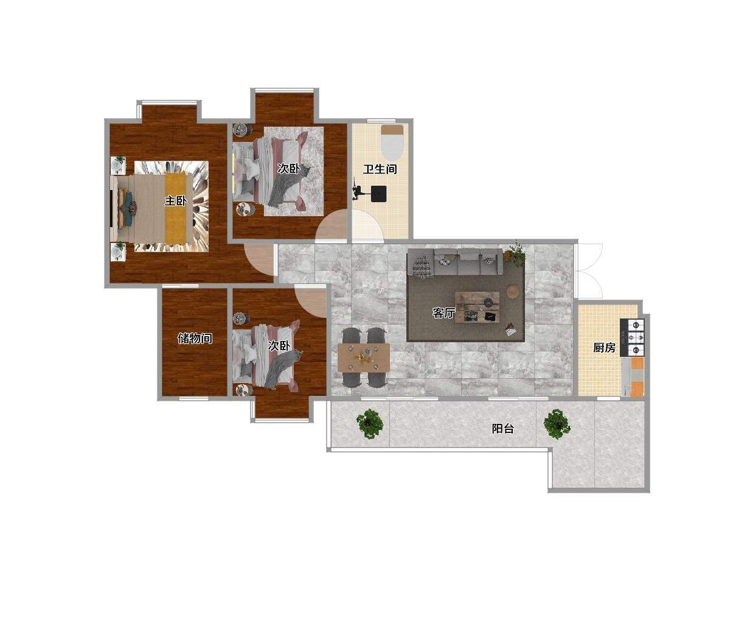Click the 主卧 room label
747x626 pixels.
tap(175, 201)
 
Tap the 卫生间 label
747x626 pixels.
tap(380, 169)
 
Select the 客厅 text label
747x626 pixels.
tap(443, 312)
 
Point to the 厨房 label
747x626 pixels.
tap(604, 347)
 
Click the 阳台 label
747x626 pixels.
tap(502, 428)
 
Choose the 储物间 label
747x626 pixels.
tap(195, 338)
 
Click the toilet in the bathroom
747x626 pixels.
tap(392, 142)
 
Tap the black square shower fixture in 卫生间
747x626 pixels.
tap(378, 194)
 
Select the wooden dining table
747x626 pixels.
tap(364, 358)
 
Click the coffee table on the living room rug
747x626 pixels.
tap(478, 308)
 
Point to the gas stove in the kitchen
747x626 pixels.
tap(632, 337)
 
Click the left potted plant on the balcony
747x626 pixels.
tap(370, 424)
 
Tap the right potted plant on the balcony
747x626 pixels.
tap(557, 424)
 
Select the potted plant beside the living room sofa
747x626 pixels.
tap(515, 253)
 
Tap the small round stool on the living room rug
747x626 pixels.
tap(513, 291)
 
